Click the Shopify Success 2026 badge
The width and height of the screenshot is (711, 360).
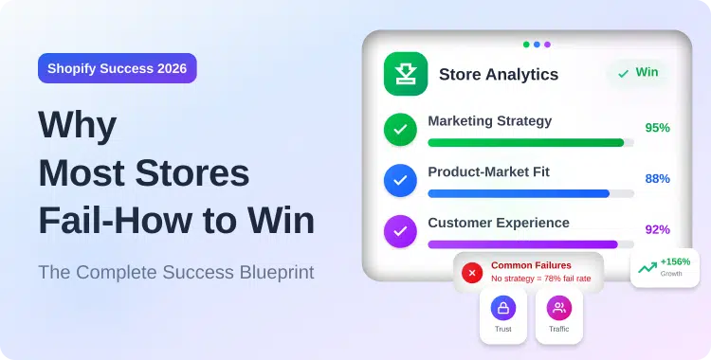[x=118, y=68]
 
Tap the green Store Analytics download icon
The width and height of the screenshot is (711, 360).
[x=405, y=74]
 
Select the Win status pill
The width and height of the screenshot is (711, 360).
[x=637, y=72]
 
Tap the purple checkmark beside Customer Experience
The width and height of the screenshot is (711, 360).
[x=400, y=230]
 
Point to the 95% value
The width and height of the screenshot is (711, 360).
[x=657, y=128]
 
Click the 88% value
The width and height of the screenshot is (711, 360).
[x=657, y=179]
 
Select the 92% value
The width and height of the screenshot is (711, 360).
[x=657, y=229]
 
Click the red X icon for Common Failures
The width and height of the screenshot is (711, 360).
[x=472, y=272]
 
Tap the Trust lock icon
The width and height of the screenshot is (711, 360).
[x=502, y=308]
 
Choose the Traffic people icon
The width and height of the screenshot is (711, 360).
[x=558, y=308]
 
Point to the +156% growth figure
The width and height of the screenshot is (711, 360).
[x=676, y=261]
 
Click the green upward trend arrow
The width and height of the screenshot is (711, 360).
[x=647, y=268]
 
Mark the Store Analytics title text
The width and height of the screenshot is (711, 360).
[x=499, y=74]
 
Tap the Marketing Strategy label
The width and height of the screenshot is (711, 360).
[x=489, y=121]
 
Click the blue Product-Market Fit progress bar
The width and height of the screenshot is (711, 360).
[x=519, y=193]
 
